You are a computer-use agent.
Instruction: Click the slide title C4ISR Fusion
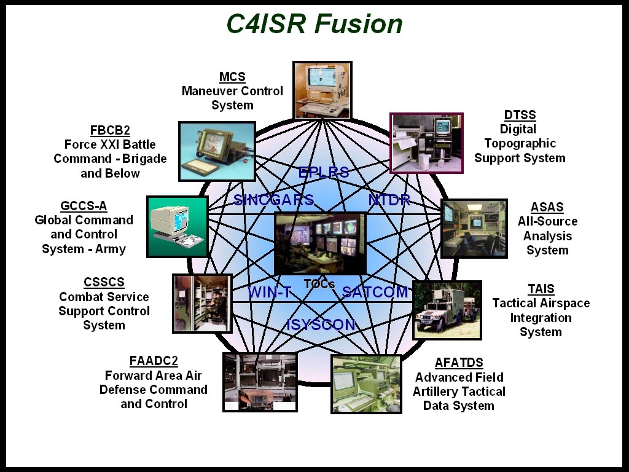[314, 23]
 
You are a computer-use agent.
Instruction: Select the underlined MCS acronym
[232, 77]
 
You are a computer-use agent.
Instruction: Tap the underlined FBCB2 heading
[110, 130]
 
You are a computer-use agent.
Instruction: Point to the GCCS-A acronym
[84, 206]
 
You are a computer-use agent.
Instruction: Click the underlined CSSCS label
[104, 283]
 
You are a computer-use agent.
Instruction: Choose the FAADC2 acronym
[154, 361]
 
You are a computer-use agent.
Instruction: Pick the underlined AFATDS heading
[459, 363]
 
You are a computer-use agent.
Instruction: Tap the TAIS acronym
[541, 289]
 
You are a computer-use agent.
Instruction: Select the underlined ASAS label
[547, 207]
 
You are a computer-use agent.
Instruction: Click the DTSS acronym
[520, 115]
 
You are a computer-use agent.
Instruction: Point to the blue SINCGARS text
[274, 200]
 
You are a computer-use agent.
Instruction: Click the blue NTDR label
[389, 200]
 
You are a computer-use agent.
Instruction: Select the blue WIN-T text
[270, 293]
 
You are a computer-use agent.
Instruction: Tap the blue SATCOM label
[375, 293]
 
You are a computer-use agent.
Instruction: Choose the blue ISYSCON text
[321, 325]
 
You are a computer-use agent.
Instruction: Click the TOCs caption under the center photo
[319, 284]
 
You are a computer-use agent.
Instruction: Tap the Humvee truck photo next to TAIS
[447, 310]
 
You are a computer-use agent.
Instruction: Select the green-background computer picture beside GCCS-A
[178, 226]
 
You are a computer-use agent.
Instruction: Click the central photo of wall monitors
[319, 243]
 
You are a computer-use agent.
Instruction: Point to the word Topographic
[520, 144]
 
